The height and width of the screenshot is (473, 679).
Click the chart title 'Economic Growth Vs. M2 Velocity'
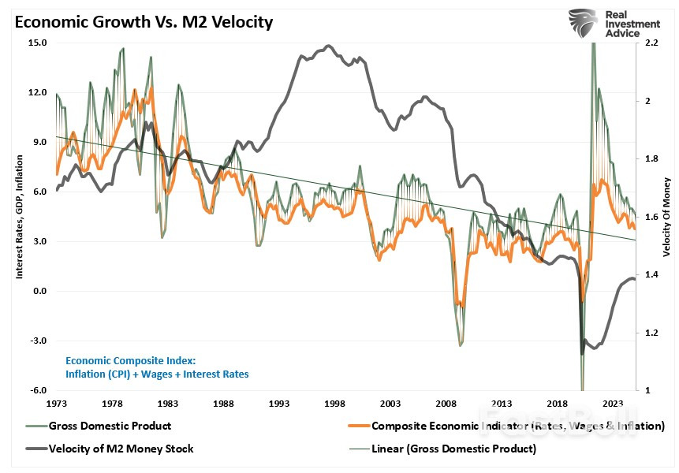tap(142, 22)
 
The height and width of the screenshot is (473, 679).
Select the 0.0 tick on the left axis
tap(38, 291)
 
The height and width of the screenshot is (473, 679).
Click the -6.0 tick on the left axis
tap(37, 390)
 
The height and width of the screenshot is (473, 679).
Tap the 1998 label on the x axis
tap(334, 404)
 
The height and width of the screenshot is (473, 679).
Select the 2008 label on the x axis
tap(445, 404)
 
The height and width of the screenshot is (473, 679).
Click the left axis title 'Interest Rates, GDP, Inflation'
tap(19, 216)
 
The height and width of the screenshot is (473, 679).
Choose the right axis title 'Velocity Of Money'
tap(666, 216)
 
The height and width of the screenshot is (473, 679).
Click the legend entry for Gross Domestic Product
tap(110, 426)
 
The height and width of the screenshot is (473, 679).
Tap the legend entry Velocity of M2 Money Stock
tap(120, 449)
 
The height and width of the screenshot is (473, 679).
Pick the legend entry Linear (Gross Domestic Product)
tap(453, 449)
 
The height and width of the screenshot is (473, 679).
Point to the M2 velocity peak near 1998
tap(328, 47)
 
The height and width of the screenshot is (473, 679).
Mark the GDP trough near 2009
tap(461, 345)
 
